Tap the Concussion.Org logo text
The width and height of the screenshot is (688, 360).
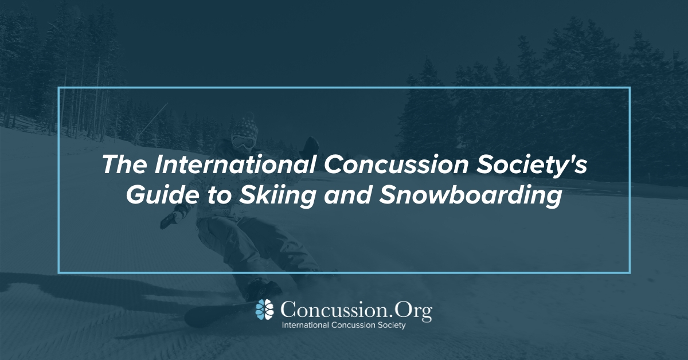point(356,311)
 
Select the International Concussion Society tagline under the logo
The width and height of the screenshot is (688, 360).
point(343,325)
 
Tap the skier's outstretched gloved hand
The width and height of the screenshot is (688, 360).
point(168,220)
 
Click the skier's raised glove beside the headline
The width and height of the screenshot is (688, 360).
point(311,146)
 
